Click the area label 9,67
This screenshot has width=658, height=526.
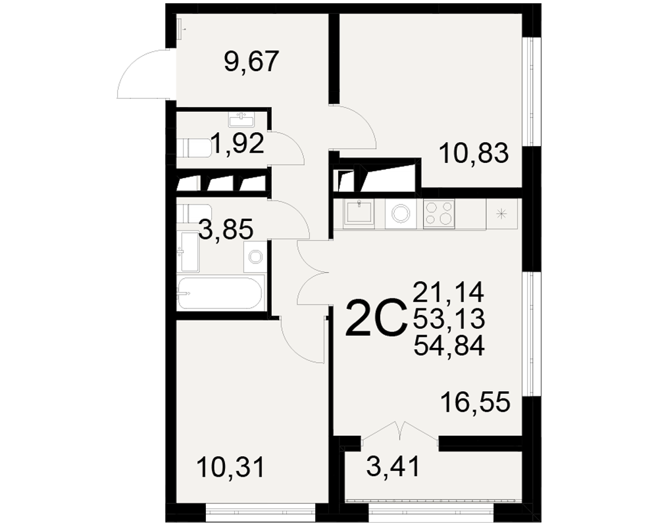(251, 62)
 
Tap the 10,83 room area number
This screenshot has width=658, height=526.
(474, 153)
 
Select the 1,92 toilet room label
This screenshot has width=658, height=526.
(237, 143)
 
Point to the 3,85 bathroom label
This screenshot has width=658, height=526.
(226, 229)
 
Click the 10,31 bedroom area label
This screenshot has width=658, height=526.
(230, 467)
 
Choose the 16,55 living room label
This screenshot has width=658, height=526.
(475, 402)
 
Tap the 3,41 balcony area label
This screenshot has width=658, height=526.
(393, 467)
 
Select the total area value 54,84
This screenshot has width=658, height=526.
(449, 347)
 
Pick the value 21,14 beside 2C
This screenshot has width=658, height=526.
(449, 292)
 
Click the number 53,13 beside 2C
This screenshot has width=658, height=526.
(449, 319)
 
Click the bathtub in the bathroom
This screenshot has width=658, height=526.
(220, 293)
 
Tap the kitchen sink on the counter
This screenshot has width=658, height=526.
(359, 212)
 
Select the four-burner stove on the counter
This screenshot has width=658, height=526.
(439, 214)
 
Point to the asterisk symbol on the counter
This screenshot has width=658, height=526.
(501, 214)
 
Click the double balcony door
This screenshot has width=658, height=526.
(400, 431)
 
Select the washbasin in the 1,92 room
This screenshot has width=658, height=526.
(241, 120)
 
